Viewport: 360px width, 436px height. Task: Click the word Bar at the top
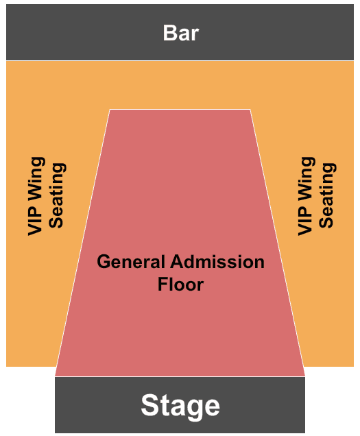[x=181, y=33]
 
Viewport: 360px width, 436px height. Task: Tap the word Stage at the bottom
[x=180, y=406]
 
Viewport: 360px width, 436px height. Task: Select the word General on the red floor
[x=131, y=262]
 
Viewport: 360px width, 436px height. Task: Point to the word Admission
[x=217, y=262]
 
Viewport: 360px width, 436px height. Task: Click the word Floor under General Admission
[x=180, y=284]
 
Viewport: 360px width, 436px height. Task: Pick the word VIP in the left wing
[x=36, y=221]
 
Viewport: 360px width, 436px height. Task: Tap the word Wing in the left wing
[x=36, y=180]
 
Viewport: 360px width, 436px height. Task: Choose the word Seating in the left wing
[x=58, y=195]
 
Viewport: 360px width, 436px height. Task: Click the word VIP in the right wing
[x=306, y=221]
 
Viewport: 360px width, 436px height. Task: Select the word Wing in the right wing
[x=307, y=180]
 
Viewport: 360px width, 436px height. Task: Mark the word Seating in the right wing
[x=328, y=195]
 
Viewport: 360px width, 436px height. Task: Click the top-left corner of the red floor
[x=110, y=110]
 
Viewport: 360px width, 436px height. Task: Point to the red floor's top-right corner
[x=250, y=110]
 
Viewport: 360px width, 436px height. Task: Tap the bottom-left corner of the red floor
[x=55, y=376]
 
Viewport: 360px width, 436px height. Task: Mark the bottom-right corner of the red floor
[x=305, y=376]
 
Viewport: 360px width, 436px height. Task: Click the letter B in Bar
[x=169, y=33]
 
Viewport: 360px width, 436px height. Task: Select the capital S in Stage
[x=150, y=405]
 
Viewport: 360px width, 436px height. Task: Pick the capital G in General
[x=104, y=262]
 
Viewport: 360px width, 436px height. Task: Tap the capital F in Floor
[x=163, y=284]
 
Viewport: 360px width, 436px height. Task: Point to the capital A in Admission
[x=178, y=262]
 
